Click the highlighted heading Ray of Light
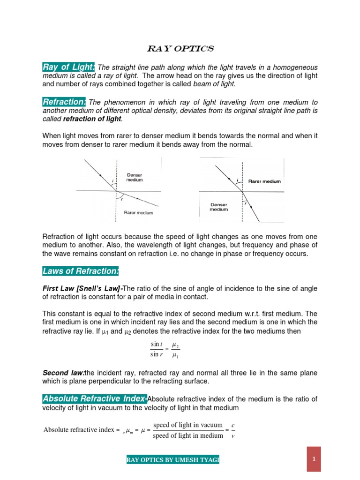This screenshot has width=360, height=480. (x=69, y=67)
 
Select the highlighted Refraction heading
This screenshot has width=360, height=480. (x=64, y=102)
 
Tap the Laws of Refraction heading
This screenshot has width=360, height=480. (x=81, y=270)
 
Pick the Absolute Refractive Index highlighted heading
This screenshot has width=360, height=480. (x=94, y=399)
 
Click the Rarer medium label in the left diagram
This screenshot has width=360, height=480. (x=138, y=212)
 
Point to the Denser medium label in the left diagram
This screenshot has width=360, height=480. (x=135, y=177)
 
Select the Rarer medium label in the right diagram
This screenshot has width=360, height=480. (x=265, y=181)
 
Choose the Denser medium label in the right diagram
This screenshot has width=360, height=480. (x=219, y=207)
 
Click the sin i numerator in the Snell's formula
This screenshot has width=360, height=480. (x=156, y=345)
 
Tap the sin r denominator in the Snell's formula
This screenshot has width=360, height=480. (x=156, y=355)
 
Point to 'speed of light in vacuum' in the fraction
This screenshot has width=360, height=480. (x=188, y=425)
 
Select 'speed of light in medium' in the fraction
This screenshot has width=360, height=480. (x=188, y=435)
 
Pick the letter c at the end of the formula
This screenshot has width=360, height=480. (x=233, y=425)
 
